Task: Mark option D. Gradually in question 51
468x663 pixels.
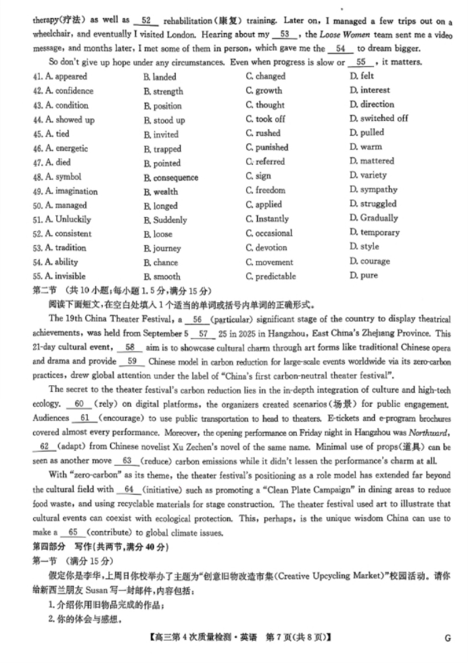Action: [374, 218]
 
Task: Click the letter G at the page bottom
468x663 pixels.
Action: [447, 638]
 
